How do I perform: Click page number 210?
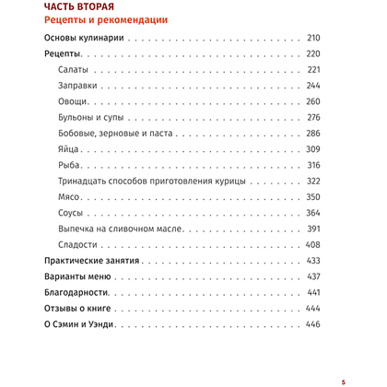click(x=311, y=40)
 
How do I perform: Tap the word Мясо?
click(x=70, y=197)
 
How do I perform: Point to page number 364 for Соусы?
click(x=311, y=214)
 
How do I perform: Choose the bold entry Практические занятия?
click(x=91, y=262)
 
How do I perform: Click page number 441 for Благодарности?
click(x=311, y=293)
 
